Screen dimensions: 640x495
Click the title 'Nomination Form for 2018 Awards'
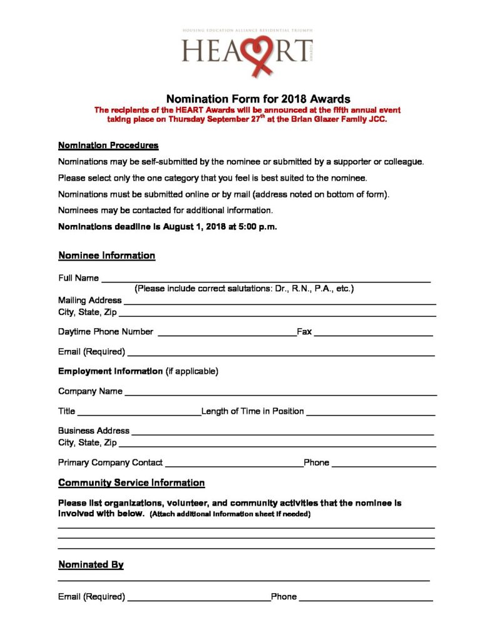[x=258, y=99]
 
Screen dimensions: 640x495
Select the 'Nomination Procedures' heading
[x=108, y=146]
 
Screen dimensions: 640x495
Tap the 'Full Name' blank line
[x=265, y=281]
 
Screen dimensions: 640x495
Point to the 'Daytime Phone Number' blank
[x=227, y=334]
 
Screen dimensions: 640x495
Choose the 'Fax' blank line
[x=373, y=334]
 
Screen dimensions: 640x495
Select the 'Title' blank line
[x=138, y=414]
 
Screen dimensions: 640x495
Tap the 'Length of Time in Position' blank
[x=370, y=414]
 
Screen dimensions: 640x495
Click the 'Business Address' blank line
[x=282, y=433]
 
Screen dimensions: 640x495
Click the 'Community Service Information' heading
[x=131, y=483]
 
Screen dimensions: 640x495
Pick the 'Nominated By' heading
[x=91, y=565]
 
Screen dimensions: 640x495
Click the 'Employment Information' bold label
[x=110, y=371]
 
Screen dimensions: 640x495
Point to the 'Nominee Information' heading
[x=106, y=256]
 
